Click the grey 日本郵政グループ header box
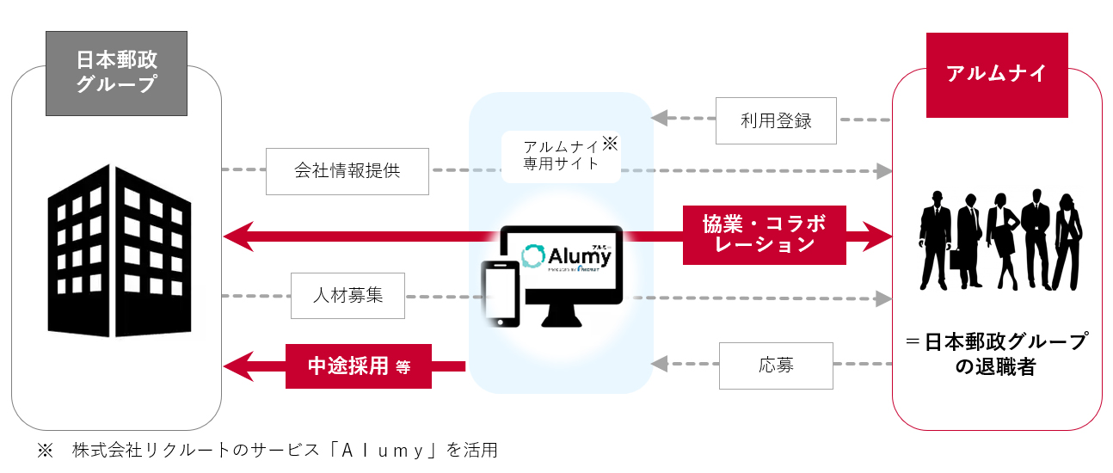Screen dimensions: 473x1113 (117, 73)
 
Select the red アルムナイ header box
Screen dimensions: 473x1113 (996, 75)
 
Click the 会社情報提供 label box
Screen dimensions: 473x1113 (347, 170)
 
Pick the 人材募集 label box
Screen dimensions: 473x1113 (347, 295)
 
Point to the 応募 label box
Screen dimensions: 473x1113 (776, 365)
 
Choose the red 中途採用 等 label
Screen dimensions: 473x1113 (359, 366)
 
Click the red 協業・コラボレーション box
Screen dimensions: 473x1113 (764, 234)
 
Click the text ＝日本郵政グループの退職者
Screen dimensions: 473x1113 (996, 354)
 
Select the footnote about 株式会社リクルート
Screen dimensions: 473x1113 (267, 450)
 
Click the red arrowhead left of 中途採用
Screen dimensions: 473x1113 (237, 366)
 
